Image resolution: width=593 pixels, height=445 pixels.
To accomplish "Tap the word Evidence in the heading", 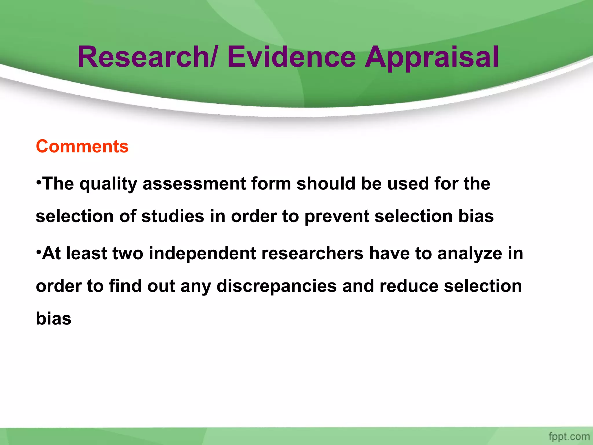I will point(291,57).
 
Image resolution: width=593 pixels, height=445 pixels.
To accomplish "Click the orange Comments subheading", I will point(82,146).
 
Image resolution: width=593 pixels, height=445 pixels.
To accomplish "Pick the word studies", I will point(173,216).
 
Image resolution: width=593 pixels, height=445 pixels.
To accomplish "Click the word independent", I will point(202,254).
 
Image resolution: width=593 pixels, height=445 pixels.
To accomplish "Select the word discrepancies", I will point(277,287).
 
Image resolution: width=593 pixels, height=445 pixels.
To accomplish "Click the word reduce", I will point(409,286).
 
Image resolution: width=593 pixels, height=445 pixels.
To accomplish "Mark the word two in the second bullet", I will point(128,253).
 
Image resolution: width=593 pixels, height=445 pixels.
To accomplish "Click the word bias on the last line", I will point(54,318).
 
